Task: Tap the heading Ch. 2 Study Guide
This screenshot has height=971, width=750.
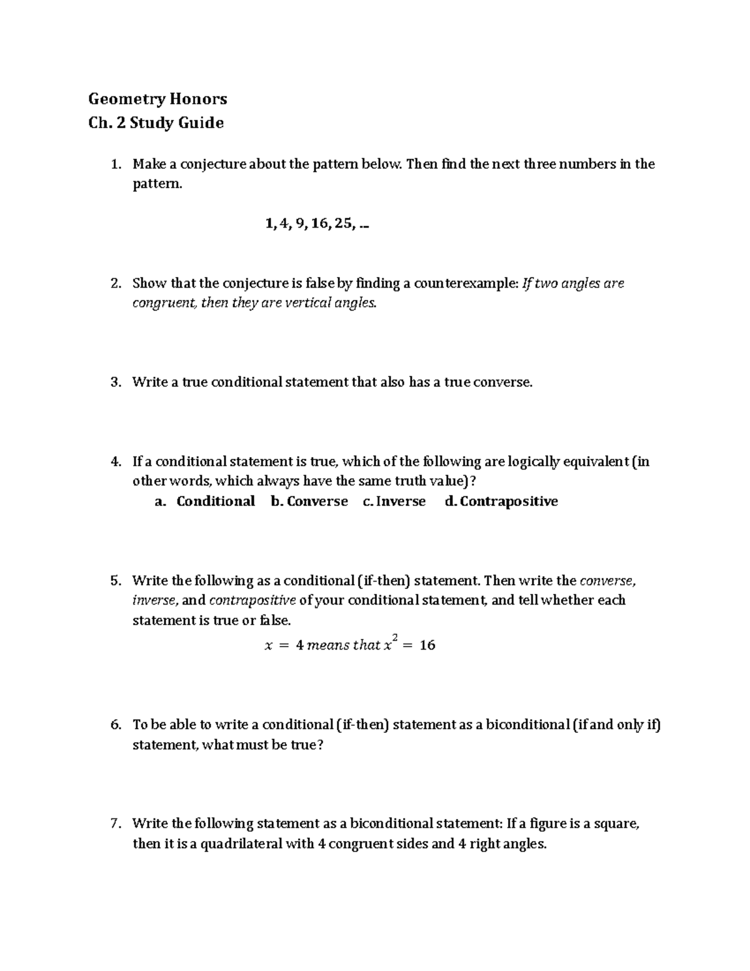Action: pyautogui.click(x=156, y=123)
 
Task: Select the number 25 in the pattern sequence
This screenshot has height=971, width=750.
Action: pyautogui.click(x=343, y=224)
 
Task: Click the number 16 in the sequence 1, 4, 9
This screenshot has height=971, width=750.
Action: pyautogui.click(x=319, y=224)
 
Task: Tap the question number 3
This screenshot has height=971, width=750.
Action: pyautogui.click(x=115, y=383)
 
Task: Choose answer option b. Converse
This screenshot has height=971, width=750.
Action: pyautogui.click(x=309, y=501)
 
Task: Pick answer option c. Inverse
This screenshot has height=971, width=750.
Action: pyautogui.click(x=394, y=501)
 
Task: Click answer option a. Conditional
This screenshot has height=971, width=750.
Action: pyautogui.click(x=205, y=501)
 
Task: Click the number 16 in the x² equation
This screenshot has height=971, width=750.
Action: pyautogui.click(x=427, y=645)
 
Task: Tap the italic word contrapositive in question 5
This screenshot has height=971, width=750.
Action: pyautogui.click(x=252, y=601)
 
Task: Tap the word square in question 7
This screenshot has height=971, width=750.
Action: pyautogui.click(x=615, y=824)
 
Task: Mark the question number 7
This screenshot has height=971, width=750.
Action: pyautogui.click(x=115, y=824)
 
